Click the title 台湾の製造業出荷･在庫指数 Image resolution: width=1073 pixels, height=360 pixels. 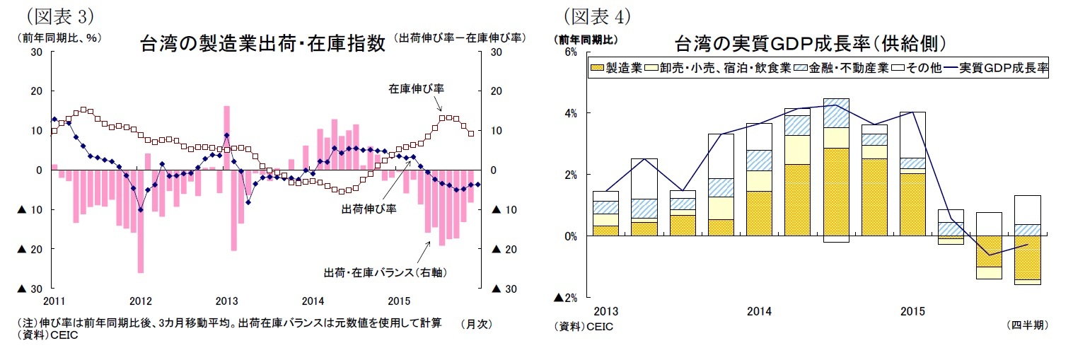(x=263, y=44)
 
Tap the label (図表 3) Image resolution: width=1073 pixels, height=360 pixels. (x=60, y=15)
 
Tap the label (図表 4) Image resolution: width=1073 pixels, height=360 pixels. (x=597, y=15)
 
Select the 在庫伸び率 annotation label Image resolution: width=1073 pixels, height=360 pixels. (x=416, y=88)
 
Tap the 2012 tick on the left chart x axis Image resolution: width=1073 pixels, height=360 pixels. (x=141, y=300)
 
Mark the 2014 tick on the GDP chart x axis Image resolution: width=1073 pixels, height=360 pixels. (x=760, y=311)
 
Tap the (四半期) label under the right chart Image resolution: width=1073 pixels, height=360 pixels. (x=1026, y=325)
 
